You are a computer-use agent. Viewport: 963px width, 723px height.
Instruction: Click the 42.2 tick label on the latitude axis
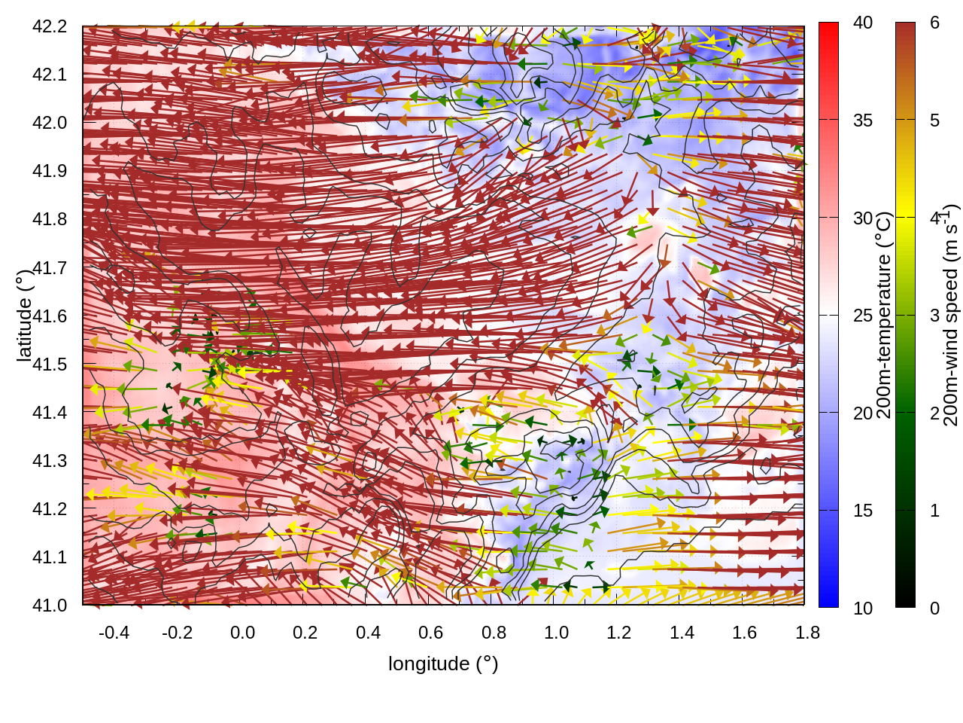pyautogui.click(x=50, y=26)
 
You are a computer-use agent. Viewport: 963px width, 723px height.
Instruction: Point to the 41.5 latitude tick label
pyautogui.click(x=50, y=365)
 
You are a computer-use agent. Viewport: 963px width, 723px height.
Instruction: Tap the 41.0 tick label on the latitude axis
pyautogui.click(x=50, y=606)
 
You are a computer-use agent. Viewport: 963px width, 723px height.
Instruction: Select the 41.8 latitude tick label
pyautogui.click(x=50, y=219)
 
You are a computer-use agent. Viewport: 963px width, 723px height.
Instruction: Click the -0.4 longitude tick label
pyautogui.click(x=114, y=633)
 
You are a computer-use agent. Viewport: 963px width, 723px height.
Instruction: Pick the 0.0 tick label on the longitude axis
pyautogui.click(x=242, y=633)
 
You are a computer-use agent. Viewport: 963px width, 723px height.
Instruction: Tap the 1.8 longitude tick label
pyautogui.click(x=807, y=633)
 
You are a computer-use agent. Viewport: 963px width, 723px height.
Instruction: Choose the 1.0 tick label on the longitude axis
pyautogui.click(x=556, y=633)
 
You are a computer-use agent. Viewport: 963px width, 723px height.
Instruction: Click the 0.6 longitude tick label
pyautogui.click(x=430, y=633)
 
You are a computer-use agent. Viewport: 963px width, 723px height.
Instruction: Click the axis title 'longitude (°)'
pyautogui.click(x=443, y=664)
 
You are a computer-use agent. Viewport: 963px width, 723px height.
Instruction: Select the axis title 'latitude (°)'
pyautogui.click(x=24, y=315)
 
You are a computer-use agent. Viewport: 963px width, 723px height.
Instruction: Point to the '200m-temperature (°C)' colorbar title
pyautogui.click(x=885, y=315)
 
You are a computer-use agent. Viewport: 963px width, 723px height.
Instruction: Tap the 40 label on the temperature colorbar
pyautogui.click(x=863, y=23)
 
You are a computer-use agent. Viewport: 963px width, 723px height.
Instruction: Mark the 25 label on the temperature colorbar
pyautogui.click(x=863, y=316)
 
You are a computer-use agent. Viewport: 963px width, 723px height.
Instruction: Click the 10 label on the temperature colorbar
pyautogui.click(x=863, y=609)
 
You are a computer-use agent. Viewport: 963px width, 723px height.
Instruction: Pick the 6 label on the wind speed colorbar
pyautogui.click(x=934, y=23)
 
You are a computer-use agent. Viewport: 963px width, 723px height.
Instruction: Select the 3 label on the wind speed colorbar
pyautogui.click(x=934, y=316)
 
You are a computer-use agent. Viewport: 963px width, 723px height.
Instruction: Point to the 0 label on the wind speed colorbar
pyautogui.click(x=934, y=609)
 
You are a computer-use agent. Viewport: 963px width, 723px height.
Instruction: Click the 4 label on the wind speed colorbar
pyautogui.click(x=934, y=218)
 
